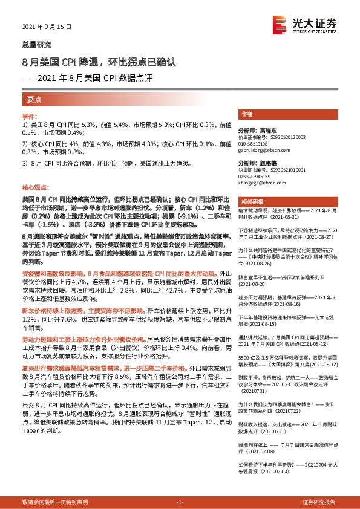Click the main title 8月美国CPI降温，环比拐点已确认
coord(98,62)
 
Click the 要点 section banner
coord(34,99)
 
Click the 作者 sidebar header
coord(247,114)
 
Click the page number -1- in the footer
coord(180,502)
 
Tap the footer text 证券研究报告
coord(320,502)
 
